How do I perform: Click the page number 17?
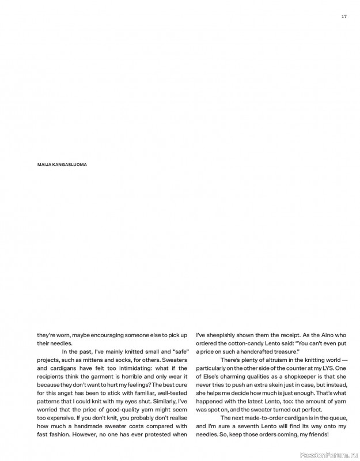[x=343, y=16]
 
